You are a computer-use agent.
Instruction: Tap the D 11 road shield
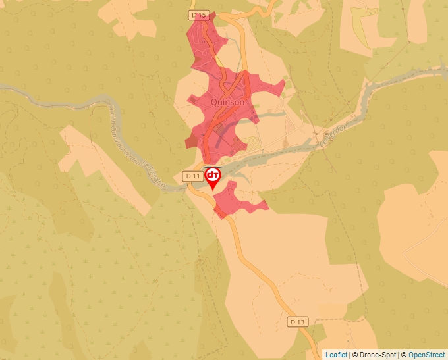coord(192,176)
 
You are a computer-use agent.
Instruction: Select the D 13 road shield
coord(298,322)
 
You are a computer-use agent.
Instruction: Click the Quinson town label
coord(227,102)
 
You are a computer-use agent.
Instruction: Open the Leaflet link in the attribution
coord(336,355)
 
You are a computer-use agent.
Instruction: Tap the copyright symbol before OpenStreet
coord(404,355)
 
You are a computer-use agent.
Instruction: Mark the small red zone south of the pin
coord(234,201)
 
